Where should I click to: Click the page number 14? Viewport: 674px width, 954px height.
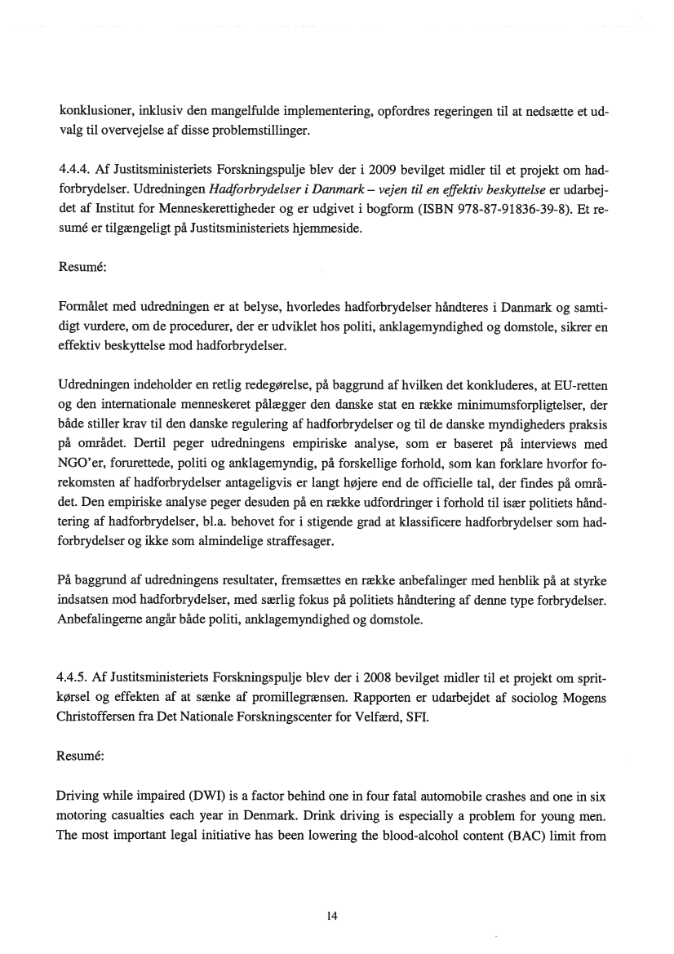click(332, 916)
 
